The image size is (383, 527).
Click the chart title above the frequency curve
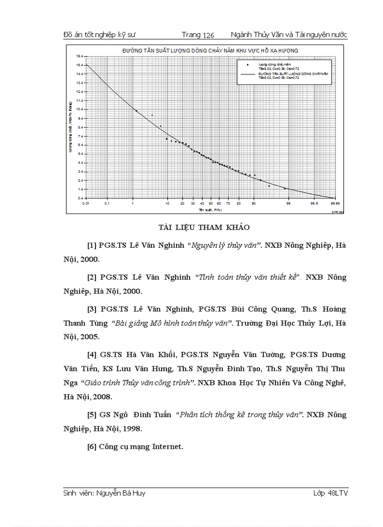[x=211, y=50]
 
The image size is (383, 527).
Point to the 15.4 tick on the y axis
[x=80, y=65]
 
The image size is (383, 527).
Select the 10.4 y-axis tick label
[x=80, y=109]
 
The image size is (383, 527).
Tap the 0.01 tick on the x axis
[x=86, y=203]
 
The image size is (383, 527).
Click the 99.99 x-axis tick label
[x=335, y=203]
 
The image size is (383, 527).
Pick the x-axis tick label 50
[x=212, y=203]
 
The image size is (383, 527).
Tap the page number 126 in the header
[x=209, y=35]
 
